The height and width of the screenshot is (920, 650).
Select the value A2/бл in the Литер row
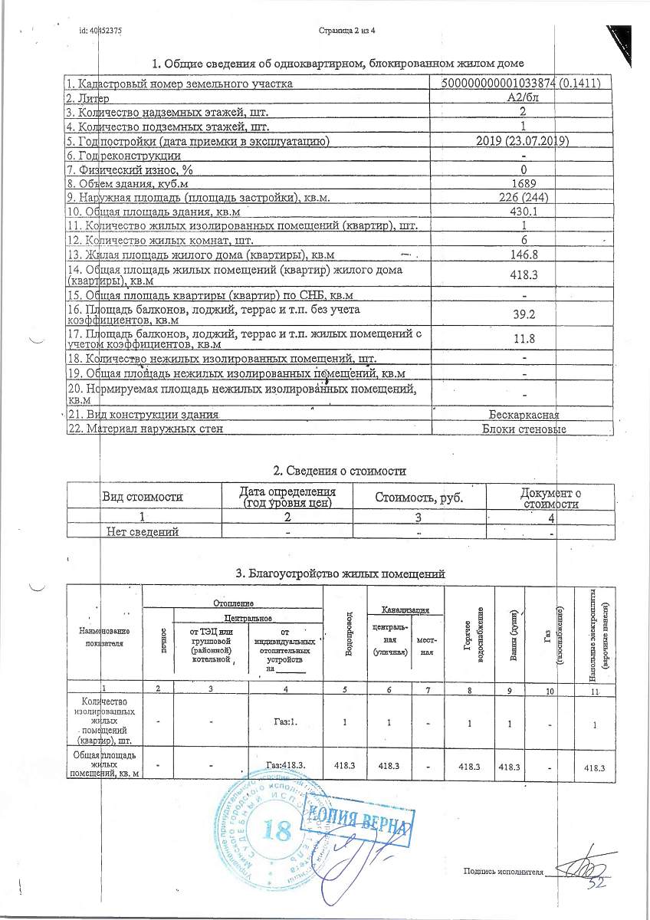click(522, 98)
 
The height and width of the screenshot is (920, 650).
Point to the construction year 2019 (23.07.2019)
click(522, 140)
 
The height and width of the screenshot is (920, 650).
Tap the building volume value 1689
click(522, 183)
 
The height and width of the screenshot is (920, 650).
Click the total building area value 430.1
click(522, 212)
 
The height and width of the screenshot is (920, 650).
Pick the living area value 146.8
click(522, 254)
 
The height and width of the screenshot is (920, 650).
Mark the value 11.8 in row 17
click(522, 338)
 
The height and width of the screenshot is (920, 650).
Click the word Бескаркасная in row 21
click(529, 415)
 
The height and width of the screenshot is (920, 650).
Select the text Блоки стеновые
click(524, 429)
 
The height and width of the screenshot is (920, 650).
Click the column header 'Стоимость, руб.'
click(419, 497)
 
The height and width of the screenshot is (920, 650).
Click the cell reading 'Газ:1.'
click(287, 721)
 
